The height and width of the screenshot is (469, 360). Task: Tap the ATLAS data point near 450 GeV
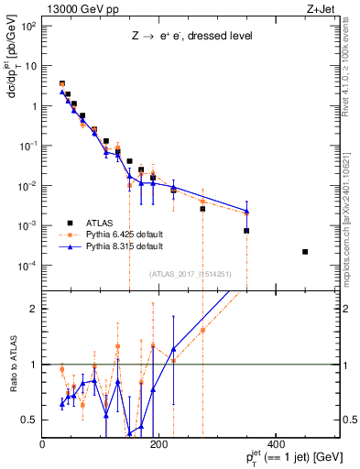pyautogui.click(x=305, y=252)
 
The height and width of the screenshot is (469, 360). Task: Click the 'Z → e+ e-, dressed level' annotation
pyautogui.click(x=191, y=36)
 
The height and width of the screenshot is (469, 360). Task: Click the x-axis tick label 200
pyautogui.click(x=159, y=444)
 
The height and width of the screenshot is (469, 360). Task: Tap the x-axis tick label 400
pyautogui.click(x=275, y=444)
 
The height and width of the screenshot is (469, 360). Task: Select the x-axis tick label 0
pyautogui.click(x=43, y=444)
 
